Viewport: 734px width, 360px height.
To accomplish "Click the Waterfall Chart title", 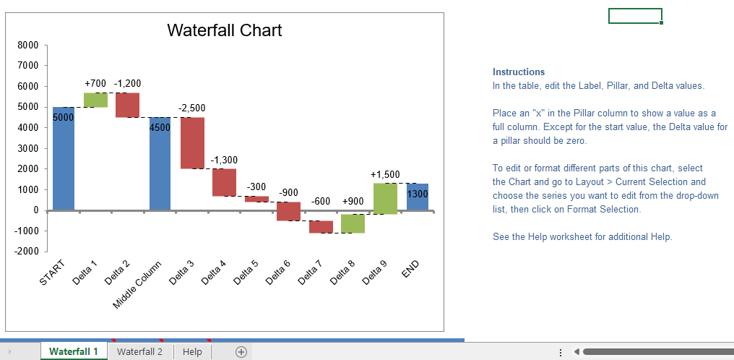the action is point(224,30).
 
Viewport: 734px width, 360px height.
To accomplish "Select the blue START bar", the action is point(64,158).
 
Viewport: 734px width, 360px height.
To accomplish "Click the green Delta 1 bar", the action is point(96,100).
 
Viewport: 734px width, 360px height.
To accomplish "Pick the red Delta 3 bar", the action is point(192,143).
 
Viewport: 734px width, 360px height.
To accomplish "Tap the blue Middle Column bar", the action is point(160,163).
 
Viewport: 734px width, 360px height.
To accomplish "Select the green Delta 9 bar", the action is point(385,199).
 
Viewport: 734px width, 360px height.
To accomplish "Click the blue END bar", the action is point(418,197).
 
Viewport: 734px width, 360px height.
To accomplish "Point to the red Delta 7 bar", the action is point(321,226).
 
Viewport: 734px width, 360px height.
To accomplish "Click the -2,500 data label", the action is point(192,108).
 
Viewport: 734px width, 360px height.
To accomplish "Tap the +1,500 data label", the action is point(385,175).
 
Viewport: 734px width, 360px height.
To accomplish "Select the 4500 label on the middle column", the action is point(160,128).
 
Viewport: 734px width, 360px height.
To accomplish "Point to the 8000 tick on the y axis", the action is point(28,46).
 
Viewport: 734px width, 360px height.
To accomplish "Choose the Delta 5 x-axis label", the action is point(246,272).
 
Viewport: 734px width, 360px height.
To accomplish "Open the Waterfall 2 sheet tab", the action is point(140,351).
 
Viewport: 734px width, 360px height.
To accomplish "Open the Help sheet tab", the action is point(192,351).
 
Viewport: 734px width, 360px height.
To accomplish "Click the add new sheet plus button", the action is point(241,352).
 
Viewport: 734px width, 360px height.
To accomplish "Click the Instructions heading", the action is point(519,72).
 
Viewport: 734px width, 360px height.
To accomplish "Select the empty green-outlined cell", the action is point(635,15).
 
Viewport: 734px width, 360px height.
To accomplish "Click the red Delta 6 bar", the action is point(289,211).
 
